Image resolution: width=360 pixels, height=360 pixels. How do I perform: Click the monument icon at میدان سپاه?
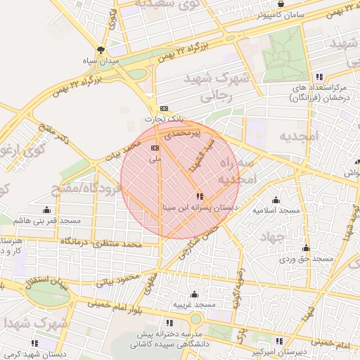tap(102, 50)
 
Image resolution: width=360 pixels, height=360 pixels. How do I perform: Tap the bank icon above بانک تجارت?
tap(164, 108)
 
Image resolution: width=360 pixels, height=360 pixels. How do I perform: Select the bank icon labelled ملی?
tap(155, 148)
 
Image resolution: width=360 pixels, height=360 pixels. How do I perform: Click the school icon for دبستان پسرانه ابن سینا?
tap(200, 196)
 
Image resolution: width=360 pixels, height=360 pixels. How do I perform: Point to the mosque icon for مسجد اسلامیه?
tap(276, 200)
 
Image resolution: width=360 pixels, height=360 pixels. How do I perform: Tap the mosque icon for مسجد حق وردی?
tap(306, 247)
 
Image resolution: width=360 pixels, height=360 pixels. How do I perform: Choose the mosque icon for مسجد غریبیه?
tap(194, 294)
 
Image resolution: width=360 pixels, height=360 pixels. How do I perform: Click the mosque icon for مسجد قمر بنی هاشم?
tap(47, 210)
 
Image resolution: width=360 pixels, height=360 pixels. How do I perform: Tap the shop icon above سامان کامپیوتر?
tap(281, 4)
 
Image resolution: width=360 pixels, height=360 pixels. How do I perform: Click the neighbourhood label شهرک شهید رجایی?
tap(216, 87)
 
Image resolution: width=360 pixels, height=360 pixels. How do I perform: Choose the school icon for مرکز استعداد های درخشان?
tap(319, 77)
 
